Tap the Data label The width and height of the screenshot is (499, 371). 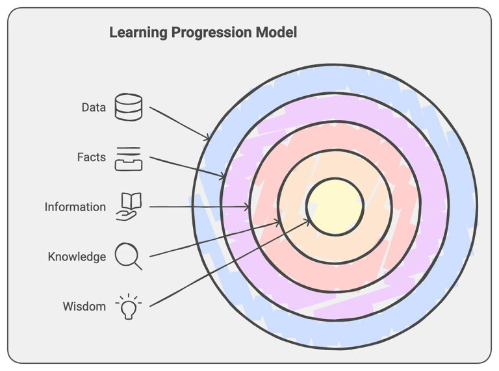pos(94,108)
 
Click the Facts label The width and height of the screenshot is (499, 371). pos(91,157)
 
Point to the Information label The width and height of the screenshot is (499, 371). pos(75,207)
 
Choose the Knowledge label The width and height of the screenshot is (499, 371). pos(77,257)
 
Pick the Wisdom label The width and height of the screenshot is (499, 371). pos(84,306)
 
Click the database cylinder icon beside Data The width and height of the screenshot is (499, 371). pos(128,107)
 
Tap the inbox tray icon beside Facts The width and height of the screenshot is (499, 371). pos(128,158)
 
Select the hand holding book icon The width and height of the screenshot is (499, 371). pos(128,207)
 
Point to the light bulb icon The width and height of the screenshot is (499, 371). pos(128,307)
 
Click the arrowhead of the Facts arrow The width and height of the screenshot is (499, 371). pos(224,177)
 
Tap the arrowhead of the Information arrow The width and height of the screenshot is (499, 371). pos(248,207)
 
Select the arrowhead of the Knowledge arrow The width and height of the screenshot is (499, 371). pos(279,223)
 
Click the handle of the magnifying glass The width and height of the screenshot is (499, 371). pos(138,265)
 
